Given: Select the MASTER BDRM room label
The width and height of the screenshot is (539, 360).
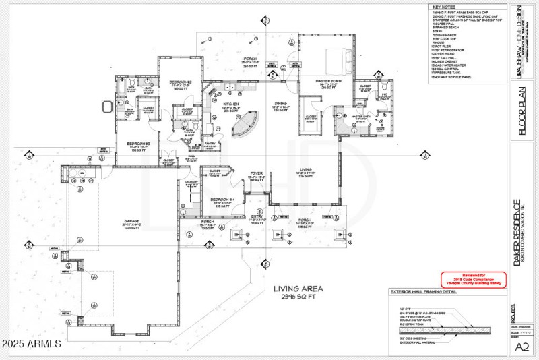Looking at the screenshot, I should pos(329,81).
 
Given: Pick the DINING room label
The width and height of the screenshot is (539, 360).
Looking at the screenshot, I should pos(280,103).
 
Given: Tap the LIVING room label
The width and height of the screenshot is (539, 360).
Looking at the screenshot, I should pos(305,169).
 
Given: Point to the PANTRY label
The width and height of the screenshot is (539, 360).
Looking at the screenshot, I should pos(210,143).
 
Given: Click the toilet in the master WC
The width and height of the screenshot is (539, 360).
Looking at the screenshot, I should pos(383,88).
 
